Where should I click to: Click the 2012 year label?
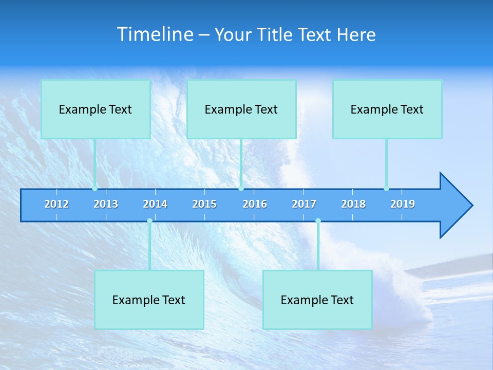[x=56, y=204]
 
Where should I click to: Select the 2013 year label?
[x=106, y=204]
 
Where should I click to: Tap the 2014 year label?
[x=155, y=204]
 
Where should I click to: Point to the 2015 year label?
[x=204, y=204]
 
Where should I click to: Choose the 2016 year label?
[x=255, y=204]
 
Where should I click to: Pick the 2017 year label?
[x=304, y=204]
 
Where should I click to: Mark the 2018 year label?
[x=353, y=204]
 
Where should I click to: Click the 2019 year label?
[x=403, y=204]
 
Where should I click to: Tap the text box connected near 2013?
[x=96, y=109]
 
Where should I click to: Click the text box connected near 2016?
[x=241, y=109]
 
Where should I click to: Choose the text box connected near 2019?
[x=387, y=109]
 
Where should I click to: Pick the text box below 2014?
[x=149, y=300]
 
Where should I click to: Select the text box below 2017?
[x=317, y=300]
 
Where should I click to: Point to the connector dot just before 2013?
[x=94, y=189]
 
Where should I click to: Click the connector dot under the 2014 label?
[x=149, y=221]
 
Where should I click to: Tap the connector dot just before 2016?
[x=241, y=189]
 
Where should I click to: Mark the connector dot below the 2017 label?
[x=318, y=221]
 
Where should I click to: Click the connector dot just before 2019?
[x=386, y=189]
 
